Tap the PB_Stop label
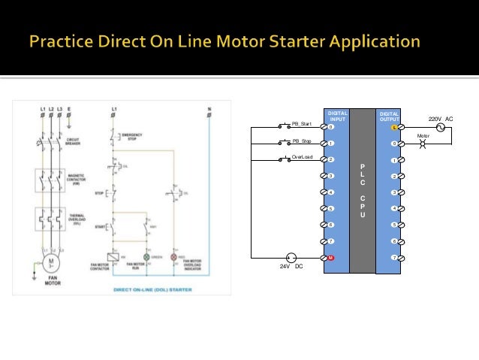pos(301,141)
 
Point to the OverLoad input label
pos(302,157)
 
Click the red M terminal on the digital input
pos(330,258)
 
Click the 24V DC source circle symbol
pos(293,258)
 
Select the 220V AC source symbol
pos(441,128)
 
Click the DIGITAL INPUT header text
pos(338,116)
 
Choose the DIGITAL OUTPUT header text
pos(390,116)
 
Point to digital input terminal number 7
pos(330,241)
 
